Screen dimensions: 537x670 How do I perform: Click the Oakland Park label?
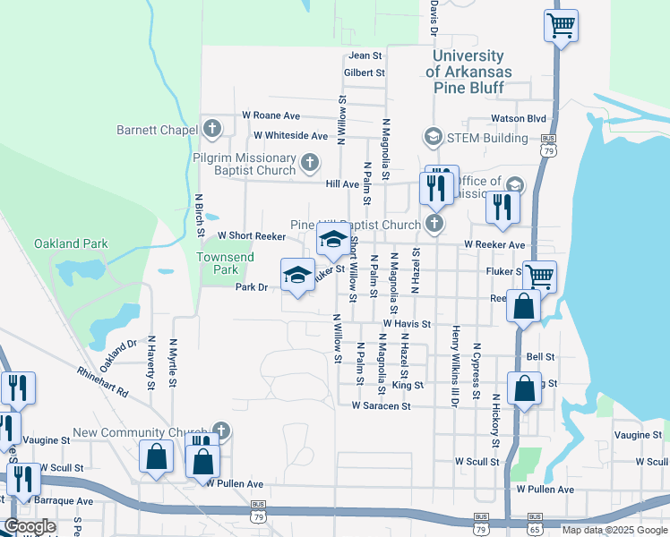[x=71, y=243]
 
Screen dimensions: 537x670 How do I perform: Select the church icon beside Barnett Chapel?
[x=212, y=129]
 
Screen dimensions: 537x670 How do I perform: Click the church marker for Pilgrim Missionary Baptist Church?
[x=309, y=163]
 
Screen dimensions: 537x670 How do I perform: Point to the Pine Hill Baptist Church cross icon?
[x=434, y=224]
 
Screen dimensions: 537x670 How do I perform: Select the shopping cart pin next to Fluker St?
[x=539, y=276]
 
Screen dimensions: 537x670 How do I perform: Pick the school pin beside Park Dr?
[x=297, y=274]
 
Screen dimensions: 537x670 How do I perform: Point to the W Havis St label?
[x=407, y=324]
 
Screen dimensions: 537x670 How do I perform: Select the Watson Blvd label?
[x=518, y=118]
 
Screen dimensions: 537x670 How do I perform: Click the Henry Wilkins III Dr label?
[x=455, y=367]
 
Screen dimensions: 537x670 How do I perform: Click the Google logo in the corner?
[x=30, y=526]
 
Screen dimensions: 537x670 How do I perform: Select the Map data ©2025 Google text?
[x=614, y=529]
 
